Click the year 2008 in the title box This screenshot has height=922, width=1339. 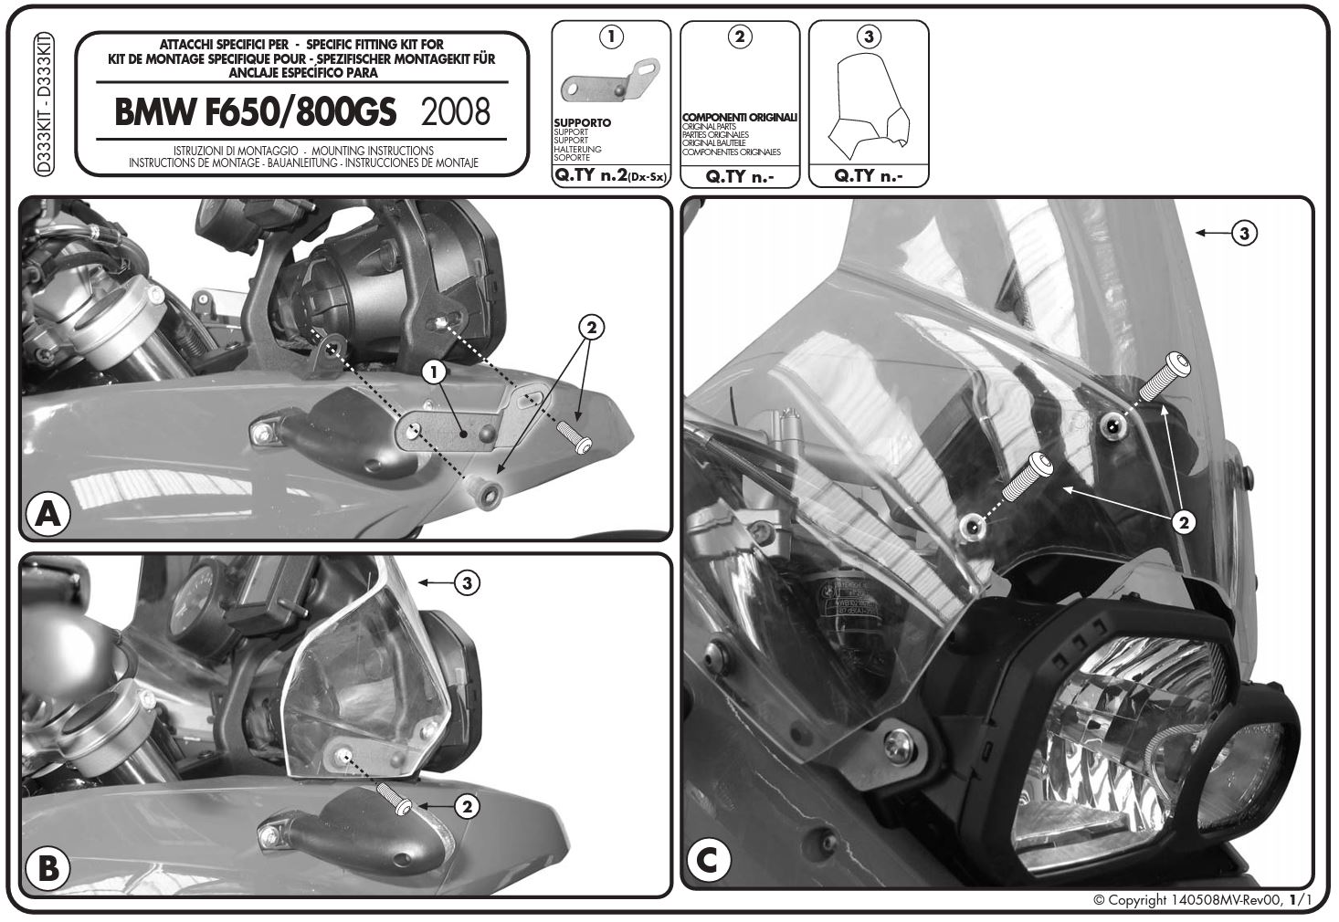(456, 111)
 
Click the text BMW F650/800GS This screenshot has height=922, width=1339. (255, 111)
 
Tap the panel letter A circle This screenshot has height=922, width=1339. (48, 513)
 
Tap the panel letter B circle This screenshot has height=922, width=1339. (48, 868)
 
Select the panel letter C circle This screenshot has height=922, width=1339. (709, 861)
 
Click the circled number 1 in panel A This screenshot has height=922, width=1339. (434, 372)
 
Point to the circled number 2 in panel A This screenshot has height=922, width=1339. (591, 328)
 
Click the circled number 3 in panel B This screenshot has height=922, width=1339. (467, 582)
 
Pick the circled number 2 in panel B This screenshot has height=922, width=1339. (467, 807)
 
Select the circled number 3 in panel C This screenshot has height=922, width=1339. (1245, 233)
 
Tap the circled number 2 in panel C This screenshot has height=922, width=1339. (1184, 523)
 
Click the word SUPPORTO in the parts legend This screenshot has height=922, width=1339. (582, 122)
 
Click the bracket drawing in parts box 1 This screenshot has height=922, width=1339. (610, 81)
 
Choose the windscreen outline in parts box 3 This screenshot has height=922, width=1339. (870, 109)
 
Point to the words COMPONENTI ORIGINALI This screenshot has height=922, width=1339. (740, 117)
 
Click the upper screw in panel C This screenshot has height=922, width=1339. (1165, 376)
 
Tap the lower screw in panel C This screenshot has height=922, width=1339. (1027, 477)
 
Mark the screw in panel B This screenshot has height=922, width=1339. (394, 799)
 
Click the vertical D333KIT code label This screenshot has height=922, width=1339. (44, 104)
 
